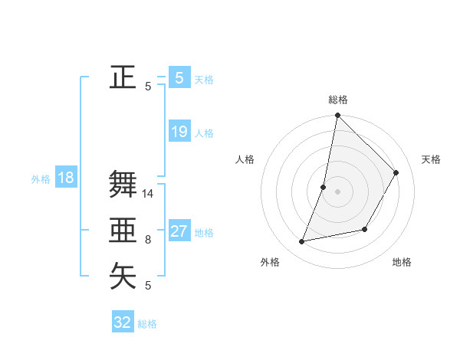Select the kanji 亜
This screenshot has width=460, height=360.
[x=123, y=230]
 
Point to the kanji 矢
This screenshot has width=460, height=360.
[x=123, y=276]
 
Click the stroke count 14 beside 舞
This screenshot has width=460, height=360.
[x=148, y=194]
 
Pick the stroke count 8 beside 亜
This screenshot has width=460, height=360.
[x=148, y=240]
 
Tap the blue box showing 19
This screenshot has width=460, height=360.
[x=179, y=132]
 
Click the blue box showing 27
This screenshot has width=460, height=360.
[x=179, y=231]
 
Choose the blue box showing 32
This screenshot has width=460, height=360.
[x=123, y=322]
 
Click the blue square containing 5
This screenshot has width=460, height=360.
[x=179, y=77]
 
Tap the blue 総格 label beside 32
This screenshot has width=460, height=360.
[x=147, y=324]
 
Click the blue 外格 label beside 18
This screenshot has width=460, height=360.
[x=41, y=179]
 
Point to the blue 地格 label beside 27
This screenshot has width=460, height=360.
[x=204, y=233]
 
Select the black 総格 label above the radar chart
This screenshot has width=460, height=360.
[x=338, y=100]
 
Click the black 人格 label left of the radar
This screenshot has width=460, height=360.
[x=245, y=159]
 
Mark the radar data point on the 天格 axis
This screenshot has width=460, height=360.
[x=396, y=172]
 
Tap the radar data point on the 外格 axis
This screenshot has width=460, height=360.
[x=302, y=242]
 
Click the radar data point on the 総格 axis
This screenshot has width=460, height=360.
[x=337, y=116]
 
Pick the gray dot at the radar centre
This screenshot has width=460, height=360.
[x=337, y=191]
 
